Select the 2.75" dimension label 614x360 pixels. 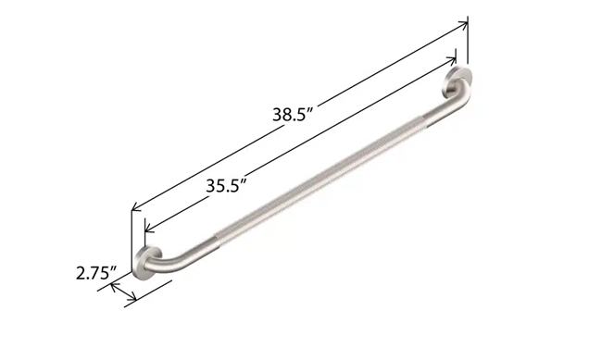[x=94, y=273]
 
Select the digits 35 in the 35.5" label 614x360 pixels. [x=216, y=186]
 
